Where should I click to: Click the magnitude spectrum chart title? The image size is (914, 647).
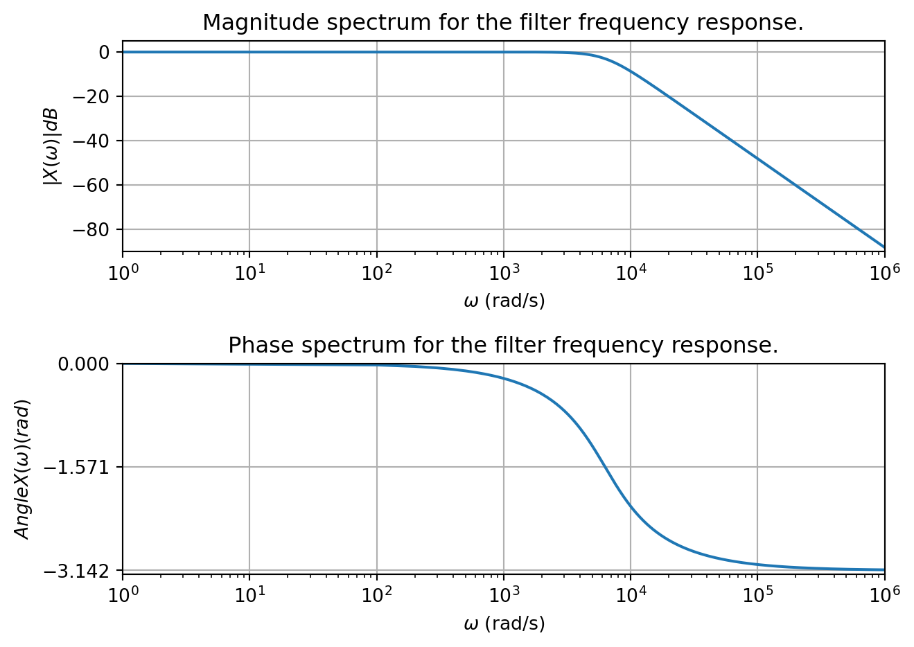pos(502,23)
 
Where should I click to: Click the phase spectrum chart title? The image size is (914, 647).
pos(502,345)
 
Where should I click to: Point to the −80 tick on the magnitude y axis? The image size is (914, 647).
pos(94,229)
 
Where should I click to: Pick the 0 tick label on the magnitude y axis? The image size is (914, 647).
pos(104,52)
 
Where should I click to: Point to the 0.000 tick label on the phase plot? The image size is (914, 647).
pos(83,364)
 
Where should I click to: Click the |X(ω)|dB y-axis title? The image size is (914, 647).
pos(52,146)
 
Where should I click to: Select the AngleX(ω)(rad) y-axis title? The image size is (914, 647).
pos(23,469)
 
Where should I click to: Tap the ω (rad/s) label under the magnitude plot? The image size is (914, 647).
pos(504,301)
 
